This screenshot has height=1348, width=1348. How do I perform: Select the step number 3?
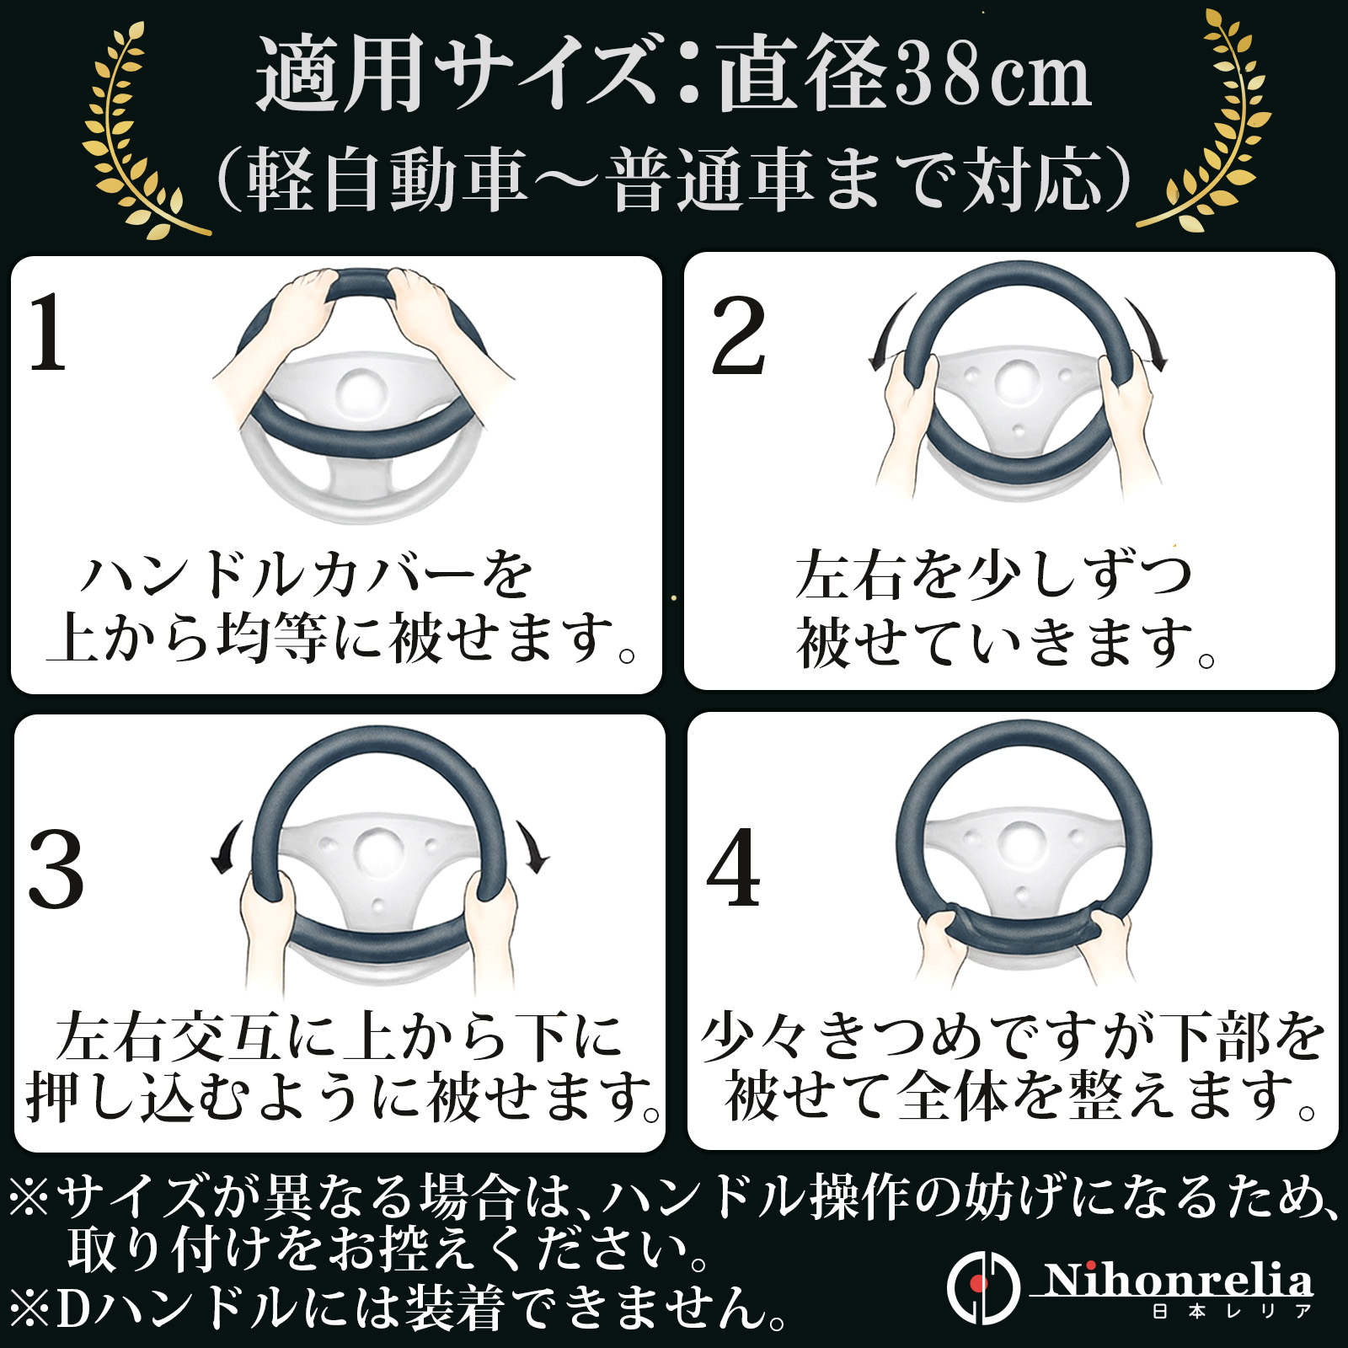coord(56,869)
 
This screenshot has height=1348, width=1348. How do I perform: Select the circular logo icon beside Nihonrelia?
coord(982,1286)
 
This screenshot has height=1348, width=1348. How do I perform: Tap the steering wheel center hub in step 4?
coord(1021,848)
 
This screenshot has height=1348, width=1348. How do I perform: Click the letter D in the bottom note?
coord(74,1308)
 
